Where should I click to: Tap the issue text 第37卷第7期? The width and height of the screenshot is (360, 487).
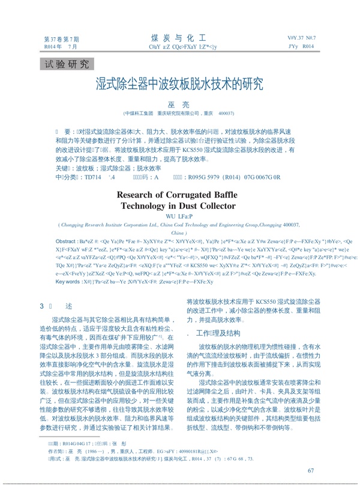[61, 39]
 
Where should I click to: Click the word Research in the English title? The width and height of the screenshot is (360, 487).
[139, 195]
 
